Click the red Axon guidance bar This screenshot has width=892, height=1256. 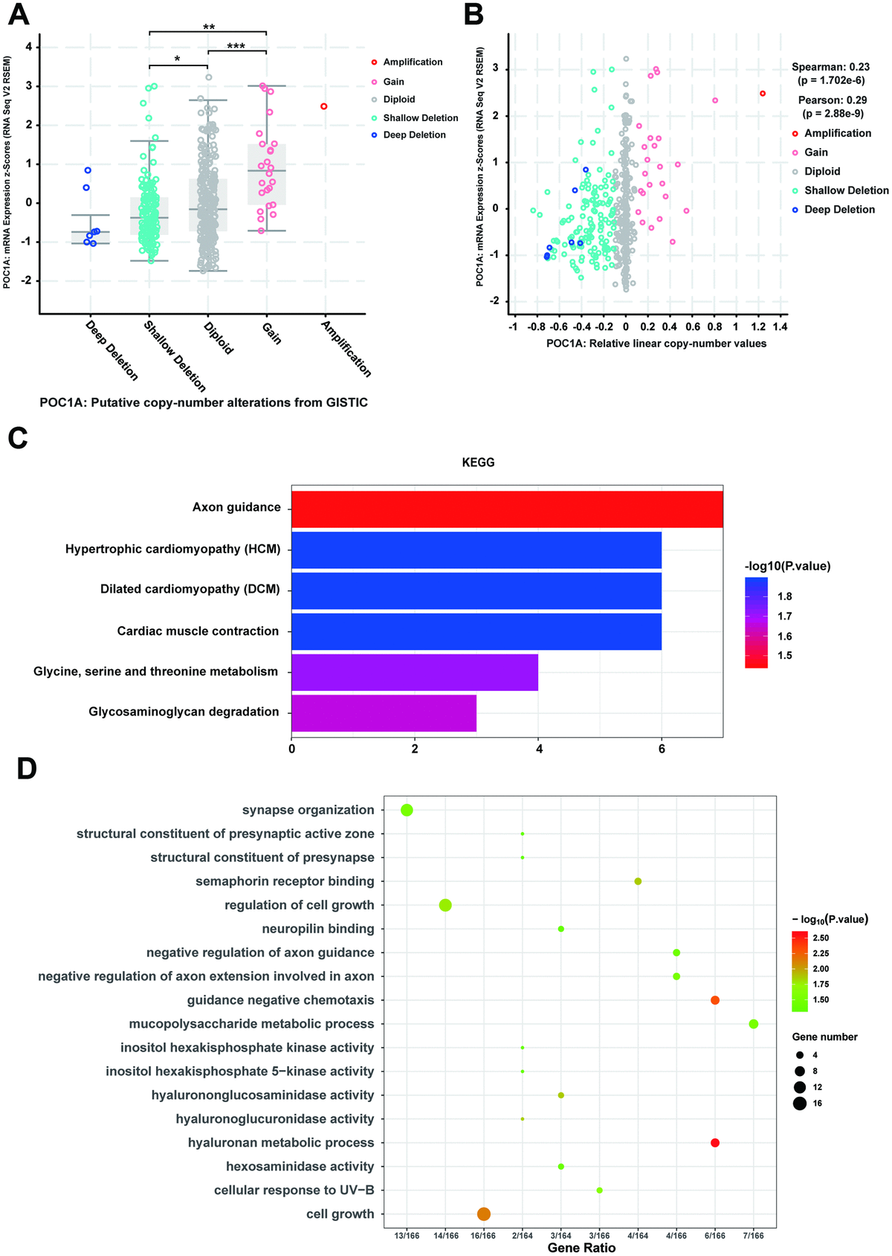507,509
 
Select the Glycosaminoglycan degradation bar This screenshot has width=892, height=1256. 384,712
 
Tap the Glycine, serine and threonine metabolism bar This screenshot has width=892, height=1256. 414,672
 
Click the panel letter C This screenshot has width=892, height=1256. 18,438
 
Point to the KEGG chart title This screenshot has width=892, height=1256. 478,463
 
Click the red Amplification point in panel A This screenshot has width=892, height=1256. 323,106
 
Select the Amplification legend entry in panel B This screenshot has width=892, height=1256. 837,133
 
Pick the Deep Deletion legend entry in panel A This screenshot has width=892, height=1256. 414,135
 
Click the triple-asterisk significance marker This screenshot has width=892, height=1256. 236,47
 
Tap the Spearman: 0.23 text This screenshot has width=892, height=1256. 830,67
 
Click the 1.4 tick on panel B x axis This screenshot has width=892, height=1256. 780,326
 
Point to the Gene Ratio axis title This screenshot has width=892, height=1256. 581,1248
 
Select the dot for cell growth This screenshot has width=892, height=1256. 484,1214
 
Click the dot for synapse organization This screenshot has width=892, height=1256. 407,810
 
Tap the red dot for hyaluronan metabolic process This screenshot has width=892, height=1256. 715,1143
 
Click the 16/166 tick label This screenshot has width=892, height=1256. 484,1236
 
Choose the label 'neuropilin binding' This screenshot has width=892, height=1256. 318,929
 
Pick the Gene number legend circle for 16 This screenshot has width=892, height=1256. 800,1104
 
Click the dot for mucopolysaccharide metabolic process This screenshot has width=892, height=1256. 754,1024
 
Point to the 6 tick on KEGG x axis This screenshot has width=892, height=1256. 662,749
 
